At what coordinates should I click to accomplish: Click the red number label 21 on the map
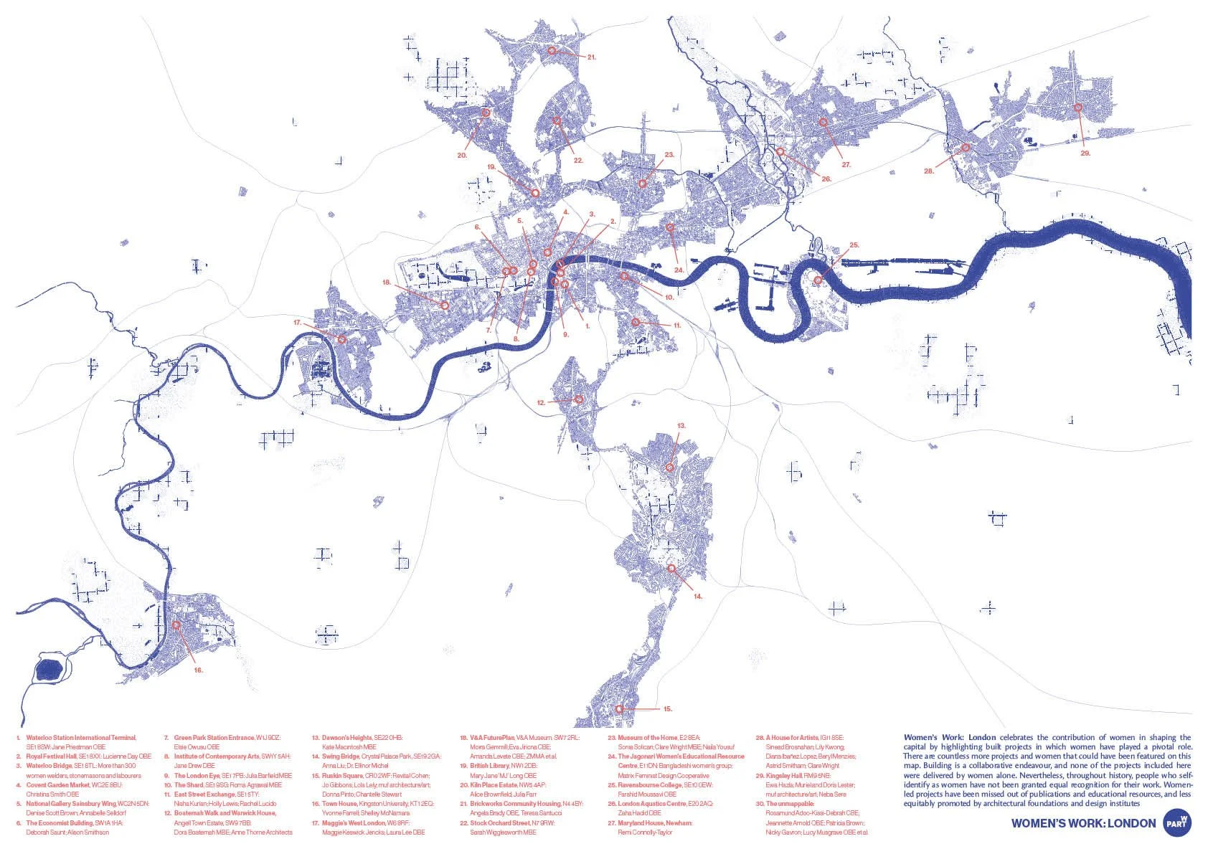(x=592, y=57)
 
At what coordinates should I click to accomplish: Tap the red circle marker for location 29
(x=1077, y=108)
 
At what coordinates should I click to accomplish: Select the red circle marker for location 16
(x=176, y=625)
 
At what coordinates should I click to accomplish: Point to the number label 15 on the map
(x=667, y=709)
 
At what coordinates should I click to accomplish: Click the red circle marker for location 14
(x=672, y=568)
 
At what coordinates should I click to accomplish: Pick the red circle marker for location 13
(x=669, y=467)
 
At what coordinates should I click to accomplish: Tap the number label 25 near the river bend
(x=854, y=245)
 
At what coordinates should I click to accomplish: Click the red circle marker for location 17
(x=342, y=338)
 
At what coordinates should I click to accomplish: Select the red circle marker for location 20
(x=486, y=113)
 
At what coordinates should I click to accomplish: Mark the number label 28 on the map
(x=929, y=171)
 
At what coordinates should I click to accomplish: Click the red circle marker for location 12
(x=578, y=399)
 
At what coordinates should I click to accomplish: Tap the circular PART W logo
(x=1178, y=822)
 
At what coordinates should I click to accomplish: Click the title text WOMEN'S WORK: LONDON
(x=1083, y=823)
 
